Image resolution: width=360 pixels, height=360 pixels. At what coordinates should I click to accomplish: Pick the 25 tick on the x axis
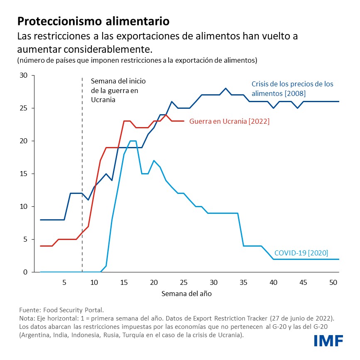pyautogui.click(x=184, y=282)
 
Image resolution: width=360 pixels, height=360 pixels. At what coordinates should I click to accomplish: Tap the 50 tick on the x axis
pyautogui.click(x=333, y=282)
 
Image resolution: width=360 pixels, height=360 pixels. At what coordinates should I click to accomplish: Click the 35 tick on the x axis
pyautogui.click(x=243, y=282)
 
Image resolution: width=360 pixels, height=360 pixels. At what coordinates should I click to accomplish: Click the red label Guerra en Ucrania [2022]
pyautogui.click(x=229, y=122)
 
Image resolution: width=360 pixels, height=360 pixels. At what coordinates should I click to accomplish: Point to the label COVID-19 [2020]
pyautogui.click(x=301, y=253)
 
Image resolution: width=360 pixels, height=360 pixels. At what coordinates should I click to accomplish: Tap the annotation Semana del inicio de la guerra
pyautogui.click(x=118, y=90)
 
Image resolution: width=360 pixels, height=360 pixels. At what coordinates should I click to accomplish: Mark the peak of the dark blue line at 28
pyautogui.click(x=225, y=88)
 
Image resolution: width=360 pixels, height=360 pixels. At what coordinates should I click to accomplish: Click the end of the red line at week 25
pyautogui.click(x=184, y=121)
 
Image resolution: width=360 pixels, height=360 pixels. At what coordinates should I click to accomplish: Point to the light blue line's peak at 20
pyautogui.click(x=133, y=141)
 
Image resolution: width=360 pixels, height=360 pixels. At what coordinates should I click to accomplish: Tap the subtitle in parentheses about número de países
pyautogui.click(x=137, y=61)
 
